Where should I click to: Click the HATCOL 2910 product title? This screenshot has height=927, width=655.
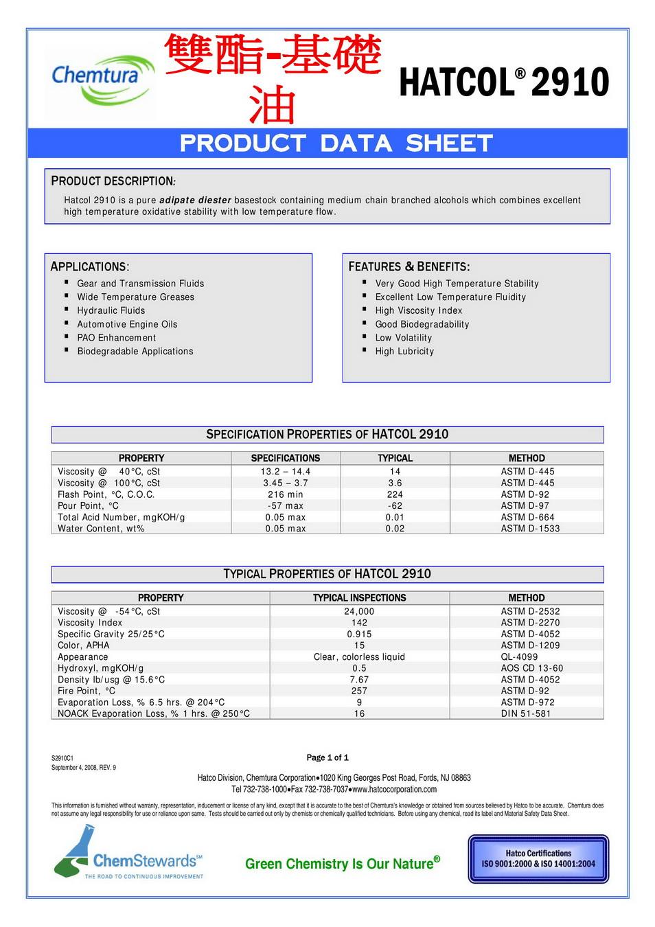click(503, 83)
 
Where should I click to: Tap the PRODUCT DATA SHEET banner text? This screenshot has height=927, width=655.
click(336, 143)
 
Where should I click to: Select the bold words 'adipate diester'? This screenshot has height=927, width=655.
click(195, 201)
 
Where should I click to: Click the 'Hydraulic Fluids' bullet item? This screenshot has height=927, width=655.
click(111, 310)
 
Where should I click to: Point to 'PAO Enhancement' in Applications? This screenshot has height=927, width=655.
click(116, 338)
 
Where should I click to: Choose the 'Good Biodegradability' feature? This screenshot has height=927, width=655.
click(422, 324)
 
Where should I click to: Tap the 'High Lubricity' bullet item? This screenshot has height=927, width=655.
click(404, 351)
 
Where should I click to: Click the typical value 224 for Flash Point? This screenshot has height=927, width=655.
click(395, 494)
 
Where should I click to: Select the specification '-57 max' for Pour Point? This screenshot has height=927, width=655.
click(285, 506)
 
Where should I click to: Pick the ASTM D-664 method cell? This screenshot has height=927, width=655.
click(527, 517)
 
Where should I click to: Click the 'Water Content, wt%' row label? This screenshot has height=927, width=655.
click(101, 529)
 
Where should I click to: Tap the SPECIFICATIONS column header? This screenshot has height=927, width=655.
click(286, 458)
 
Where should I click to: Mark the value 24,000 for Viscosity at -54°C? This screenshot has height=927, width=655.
click(359, 611)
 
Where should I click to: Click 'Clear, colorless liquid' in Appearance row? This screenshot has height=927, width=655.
click(359, 656)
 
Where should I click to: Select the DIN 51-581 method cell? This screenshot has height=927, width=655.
click(526, 713)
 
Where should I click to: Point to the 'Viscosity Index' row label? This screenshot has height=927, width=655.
click(90, 623)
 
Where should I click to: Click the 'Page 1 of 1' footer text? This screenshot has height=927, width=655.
click(327, 757)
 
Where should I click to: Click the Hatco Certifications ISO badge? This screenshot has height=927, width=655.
click(538, 858)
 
